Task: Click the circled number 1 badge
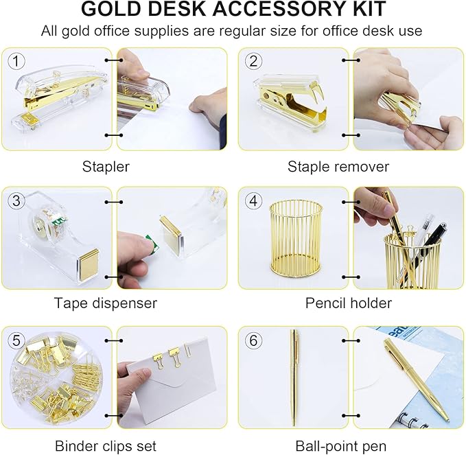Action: click(16, 61)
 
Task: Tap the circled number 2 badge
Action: click(254, 61)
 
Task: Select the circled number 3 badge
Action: click(16, 200)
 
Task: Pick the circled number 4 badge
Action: click(254, 200)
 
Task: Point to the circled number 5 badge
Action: click(16, 339)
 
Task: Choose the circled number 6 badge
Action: click(254, 339)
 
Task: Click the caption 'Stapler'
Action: click(106, 167)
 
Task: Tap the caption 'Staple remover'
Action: click(338, 167)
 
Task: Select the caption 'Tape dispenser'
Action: click(106, 303)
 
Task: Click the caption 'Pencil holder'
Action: click(348, 303)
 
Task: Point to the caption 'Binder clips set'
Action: click(106, 445)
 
